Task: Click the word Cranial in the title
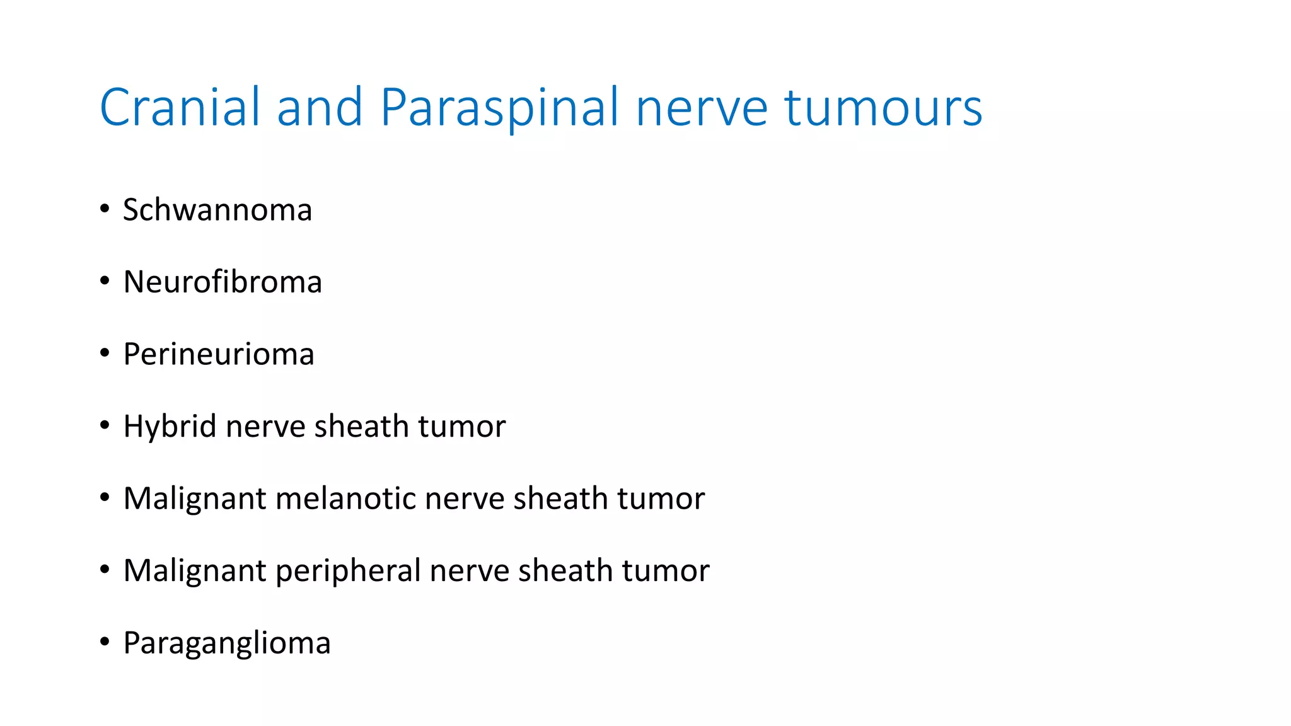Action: click(x=179, y=107)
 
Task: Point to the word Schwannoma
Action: click(x=217, y=210)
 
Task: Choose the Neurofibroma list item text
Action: click(x=223, y=282)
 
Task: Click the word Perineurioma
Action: click(x=219, y=354)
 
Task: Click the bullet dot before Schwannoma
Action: click(x=105, y=209)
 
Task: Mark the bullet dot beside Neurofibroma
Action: click(x=105, y=281)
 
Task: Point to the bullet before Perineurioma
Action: click(x=105, y=353)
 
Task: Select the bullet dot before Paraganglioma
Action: click(x=105, y=642)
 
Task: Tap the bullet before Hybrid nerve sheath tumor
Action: click(x=105, y=425)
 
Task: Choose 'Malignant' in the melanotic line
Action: click(x=195, y=499)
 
